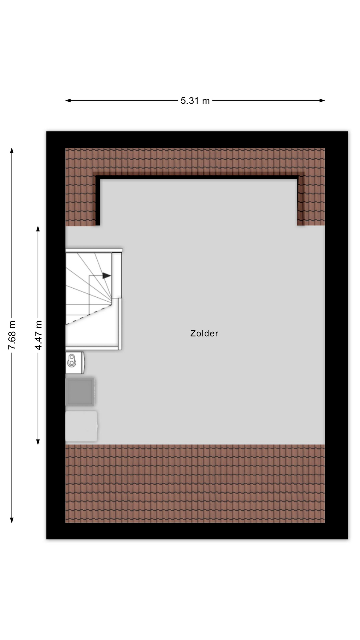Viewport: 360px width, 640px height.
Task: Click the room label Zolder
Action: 204,333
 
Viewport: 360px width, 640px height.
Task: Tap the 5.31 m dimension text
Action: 195,101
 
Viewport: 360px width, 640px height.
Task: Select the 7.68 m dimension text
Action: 12,335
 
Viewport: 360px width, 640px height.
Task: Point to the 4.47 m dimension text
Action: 38,335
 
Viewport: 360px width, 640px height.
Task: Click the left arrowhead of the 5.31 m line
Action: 68,100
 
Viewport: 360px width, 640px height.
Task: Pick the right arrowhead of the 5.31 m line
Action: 322,100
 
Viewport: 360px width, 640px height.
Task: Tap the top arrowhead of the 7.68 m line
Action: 12,151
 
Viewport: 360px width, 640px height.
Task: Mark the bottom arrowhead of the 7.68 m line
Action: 12,520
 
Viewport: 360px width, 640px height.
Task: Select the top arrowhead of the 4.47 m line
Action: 38,229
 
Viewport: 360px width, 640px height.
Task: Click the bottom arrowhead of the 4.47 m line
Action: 38,442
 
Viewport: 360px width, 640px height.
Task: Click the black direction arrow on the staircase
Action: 106,276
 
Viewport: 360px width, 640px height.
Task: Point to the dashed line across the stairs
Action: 88,314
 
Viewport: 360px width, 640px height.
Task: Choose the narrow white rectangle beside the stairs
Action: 117,275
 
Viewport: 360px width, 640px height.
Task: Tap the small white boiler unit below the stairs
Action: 75,362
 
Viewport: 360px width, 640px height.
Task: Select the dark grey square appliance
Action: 80,391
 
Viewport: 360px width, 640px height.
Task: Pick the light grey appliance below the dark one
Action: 81,426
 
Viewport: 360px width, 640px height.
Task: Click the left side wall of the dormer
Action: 98,201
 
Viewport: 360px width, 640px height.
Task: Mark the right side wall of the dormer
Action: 300,201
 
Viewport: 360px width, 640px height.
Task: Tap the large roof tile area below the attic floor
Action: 195,483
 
